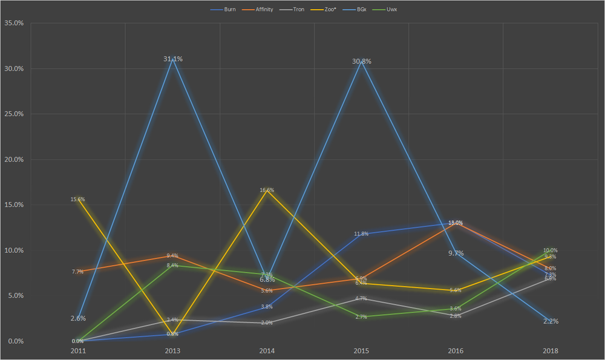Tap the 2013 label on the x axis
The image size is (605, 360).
click(172, 351)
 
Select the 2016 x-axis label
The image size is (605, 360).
click(456, 351)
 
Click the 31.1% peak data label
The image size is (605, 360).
click(173, 59)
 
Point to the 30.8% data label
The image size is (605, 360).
click(362, 61)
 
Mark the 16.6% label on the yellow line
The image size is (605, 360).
click(267, 190)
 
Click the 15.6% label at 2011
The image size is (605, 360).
click(77, 199)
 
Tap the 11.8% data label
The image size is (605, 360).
click(362, 234)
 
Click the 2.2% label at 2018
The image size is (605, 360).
click(551, 321)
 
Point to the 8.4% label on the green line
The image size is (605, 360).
click(172, 265)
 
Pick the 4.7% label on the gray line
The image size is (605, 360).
click(361, 298)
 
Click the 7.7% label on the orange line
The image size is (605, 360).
click(77, 272)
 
